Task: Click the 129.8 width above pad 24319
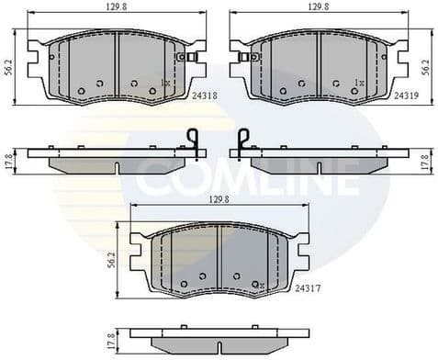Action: tap(317, 6)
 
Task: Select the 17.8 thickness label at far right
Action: tap(425, 159)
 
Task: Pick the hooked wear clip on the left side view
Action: tap(194, 140)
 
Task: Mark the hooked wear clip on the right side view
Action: tap(241, 140)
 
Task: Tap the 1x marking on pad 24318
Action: tap(165, 83)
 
